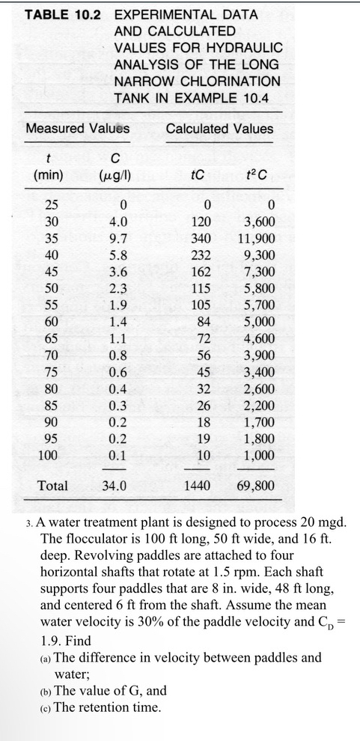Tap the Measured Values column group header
(77, 129)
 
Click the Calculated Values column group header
(220, 129)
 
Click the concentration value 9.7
(118, 239)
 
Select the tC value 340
(199, 239)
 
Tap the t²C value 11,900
(255, 239)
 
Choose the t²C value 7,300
(260, 272)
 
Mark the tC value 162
(199, 272)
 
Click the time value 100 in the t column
(48, 455)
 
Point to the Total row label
(52, 486)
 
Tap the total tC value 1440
(197, 486)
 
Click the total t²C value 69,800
(255, 486)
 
